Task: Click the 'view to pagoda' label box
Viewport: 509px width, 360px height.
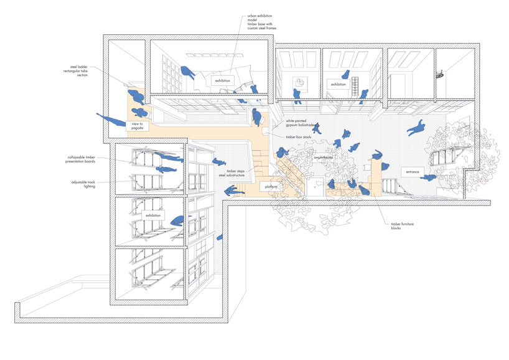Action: click(x=138, y=125)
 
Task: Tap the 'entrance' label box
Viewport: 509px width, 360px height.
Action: click(x=413, y=171)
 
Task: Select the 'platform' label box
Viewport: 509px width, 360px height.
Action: click(x=270, y=186)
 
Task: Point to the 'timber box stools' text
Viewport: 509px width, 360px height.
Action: click(x=299, y=136)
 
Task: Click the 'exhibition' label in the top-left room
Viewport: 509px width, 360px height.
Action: click(x=223, y=81)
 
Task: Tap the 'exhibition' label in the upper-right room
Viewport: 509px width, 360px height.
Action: click(x=338, y=84)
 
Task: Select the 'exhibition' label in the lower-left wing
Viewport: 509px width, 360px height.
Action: click(x=153, y=216)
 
